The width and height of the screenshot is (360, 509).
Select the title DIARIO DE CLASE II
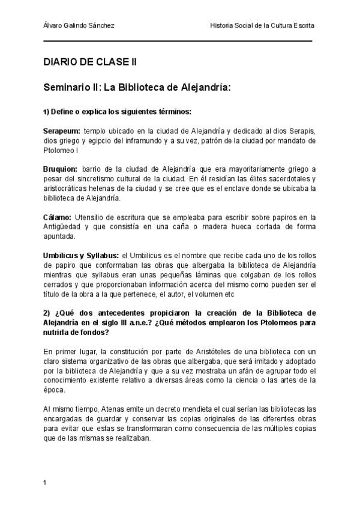(x=90, y=62)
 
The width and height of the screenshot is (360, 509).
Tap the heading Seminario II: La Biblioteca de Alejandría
(x=137, y=87)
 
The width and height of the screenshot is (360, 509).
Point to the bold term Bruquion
(x=60, y=170)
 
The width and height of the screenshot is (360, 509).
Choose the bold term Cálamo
(x=57, y=217)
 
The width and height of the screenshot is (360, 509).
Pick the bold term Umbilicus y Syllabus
(x=80, y=256)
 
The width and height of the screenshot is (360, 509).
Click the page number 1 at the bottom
(x=45, y=483)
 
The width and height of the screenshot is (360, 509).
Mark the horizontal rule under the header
(x=178, y=41)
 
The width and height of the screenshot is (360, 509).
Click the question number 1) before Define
(x=46, y=112)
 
